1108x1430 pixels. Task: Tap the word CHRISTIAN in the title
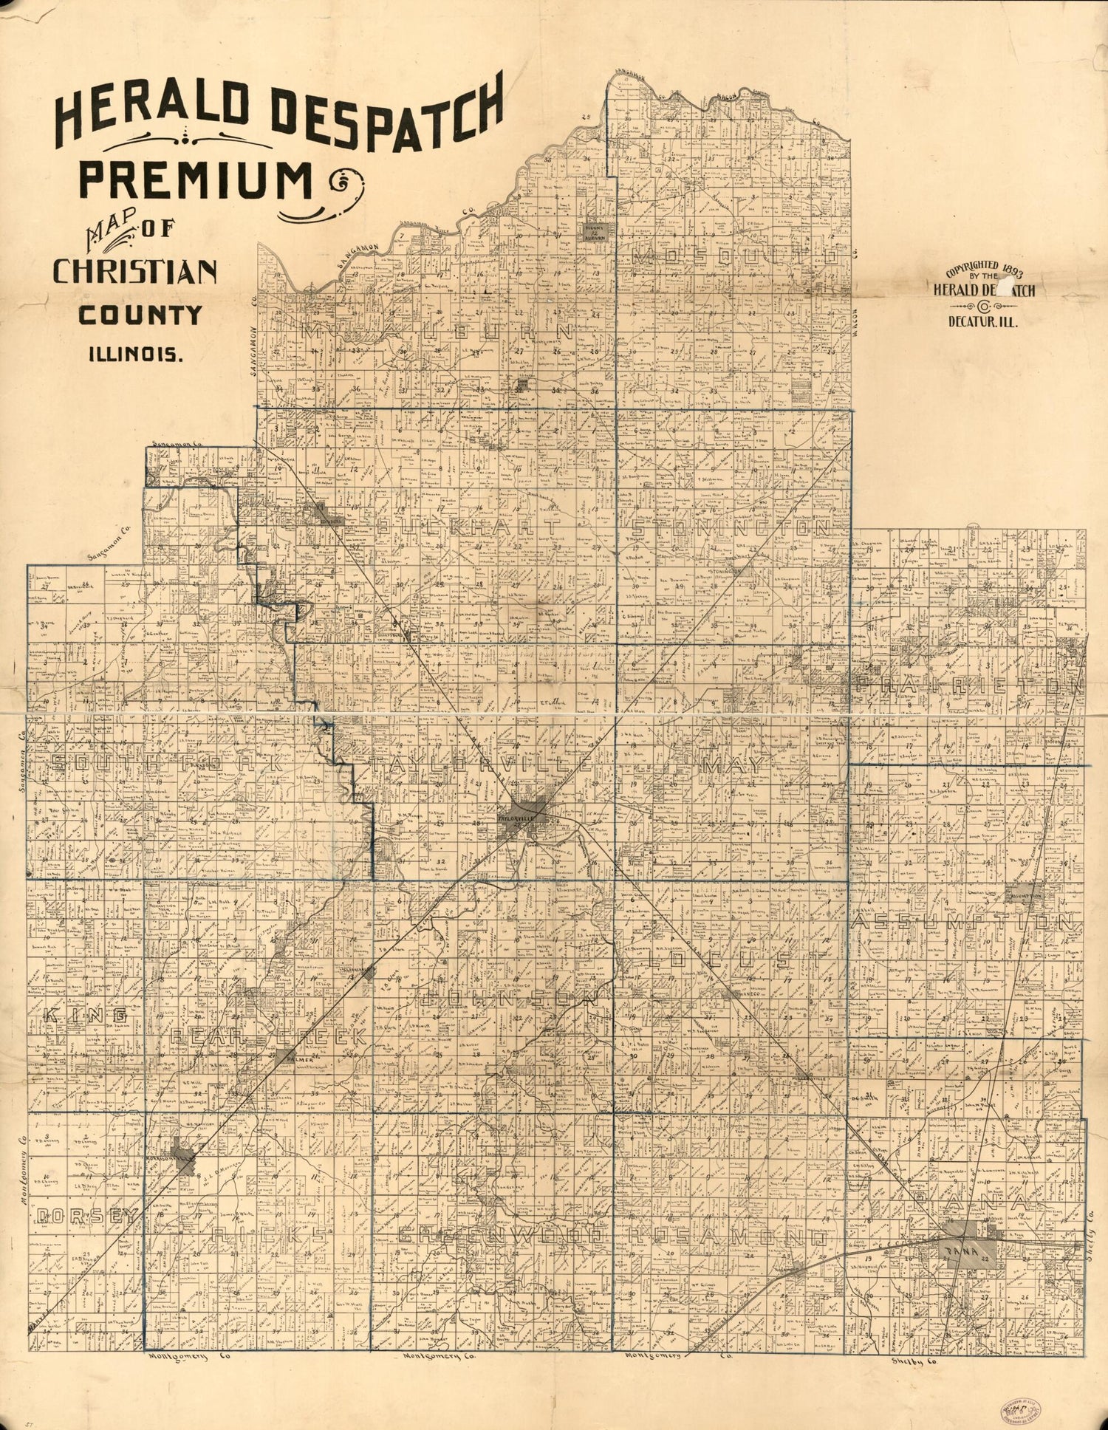[x=134, y=272]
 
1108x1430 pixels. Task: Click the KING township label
[x=74, y=1017]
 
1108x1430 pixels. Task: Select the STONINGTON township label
[x=733, y=527]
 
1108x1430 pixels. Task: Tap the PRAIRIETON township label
[x=970, y=684]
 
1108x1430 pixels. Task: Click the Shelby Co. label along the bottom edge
[x=904, y=1359]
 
